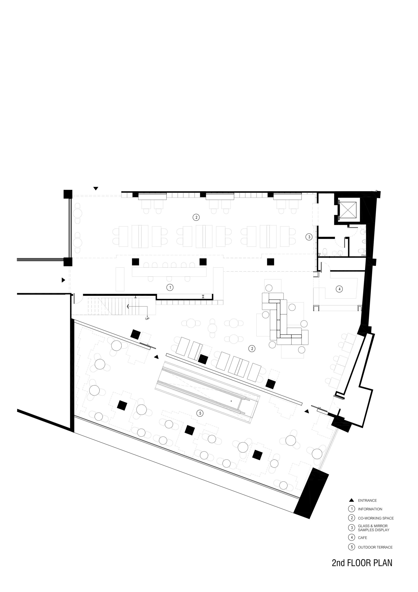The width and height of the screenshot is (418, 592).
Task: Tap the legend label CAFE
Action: point(362,538)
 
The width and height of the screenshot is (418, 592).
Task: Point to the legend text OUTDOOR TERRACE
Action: point(375,547)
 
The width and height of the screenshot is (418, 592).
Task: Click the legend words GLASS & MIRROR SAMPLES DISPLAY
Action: point(373,528)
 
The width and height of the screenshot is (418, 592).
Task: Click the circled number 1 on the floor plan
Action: point(170,287)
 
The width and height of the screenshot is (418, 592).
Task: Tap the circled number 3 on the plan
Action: point(309,237)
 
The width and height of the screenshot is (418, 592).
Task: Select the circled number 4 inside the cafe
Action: point(339,289)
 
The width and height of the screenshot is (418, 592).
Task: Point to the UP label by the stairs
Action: point(147,319)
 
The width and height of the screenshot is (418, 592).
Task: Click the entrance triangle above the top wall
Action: point(96,188)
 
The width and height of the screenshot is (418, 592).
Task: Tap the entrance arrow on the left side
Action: point(63,280)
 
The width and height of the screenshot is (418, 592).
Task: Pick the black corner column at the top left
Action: point(68,194)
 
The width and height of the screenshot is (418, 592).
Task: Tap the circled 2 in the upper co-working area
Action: point(196,217)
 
